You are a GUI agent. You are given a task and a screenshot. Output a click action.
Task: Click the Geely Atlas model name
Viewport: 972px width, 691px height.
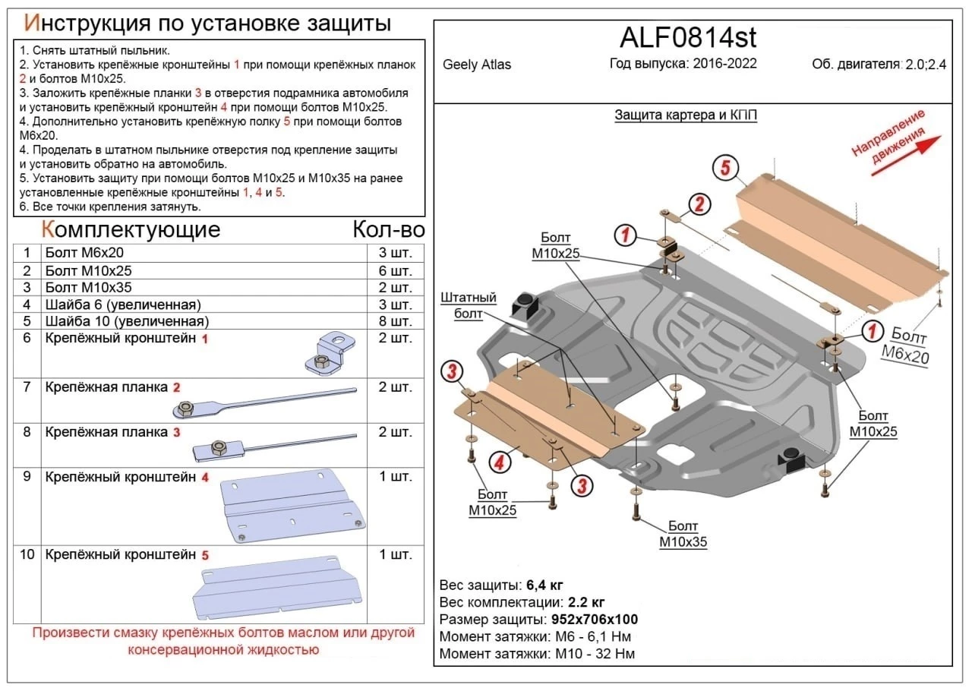[x=477, y=65]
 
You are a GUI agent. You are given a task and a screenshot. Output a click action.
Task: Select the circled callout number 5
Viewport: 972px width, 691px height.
[x=725, y=169]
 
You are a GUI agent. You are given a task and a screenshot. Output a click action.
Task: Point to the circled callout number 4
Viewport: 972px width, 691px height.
[x=499, y=461]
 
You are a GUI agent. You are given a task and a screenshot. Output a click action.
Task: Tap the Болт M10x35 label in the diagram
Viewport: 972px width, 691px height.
[x=683, y=535]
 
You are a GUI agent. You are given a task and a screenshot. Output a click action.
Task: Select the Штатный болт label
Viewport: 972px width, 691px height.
[x=468, y=305]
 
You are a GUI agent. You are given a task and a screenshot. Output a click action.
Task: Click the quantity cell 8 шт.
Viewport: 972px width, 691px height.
[x=395, y=321]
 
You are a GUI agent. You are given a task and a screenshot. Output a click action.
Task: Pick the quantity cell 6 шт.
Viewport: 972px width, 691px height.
[x=395, y=271]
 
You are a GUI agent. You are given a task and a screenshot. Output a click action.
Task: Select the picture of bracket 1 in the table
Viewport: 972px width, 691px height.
[x=331, y=352]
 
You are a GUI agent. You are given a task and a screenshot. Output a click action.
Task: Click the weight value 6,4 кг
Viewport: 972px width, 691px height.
[x=544, y=585]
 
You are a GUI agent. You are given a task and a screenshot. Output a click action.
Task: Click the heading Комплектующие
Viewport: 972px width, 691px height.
[x=130, y=230]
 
